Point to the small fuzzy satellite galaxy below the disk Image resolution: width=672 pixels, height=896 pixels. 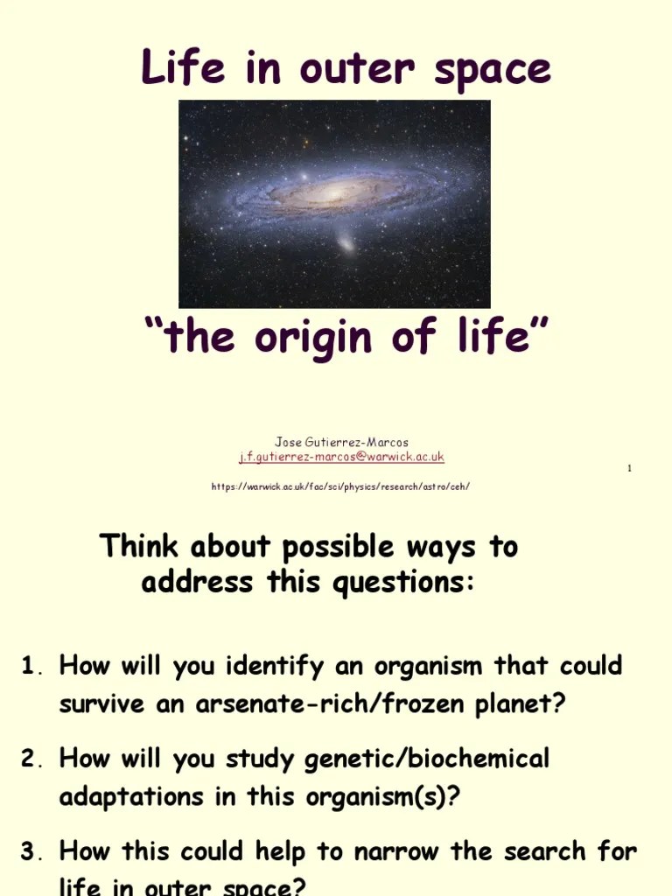click(x=346, y=242)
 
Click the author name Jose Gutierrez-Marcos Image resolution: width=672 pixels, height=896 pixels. click(x=341, y=442)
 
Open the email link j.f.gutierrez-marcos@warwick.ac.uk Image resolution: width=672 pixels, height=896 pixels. click(x=341, y=457)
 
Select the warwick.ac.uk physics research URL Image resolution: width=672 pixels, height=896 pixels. click(x=341, y=486)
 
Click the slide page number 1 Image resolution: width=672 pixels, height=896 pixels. click(x=629, y=469)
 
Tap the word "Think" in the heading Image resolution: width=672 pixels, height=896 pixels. click(x=141, y=546)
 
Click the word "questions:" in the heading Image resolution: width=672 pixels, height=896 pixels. click(x=403, y=582)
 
